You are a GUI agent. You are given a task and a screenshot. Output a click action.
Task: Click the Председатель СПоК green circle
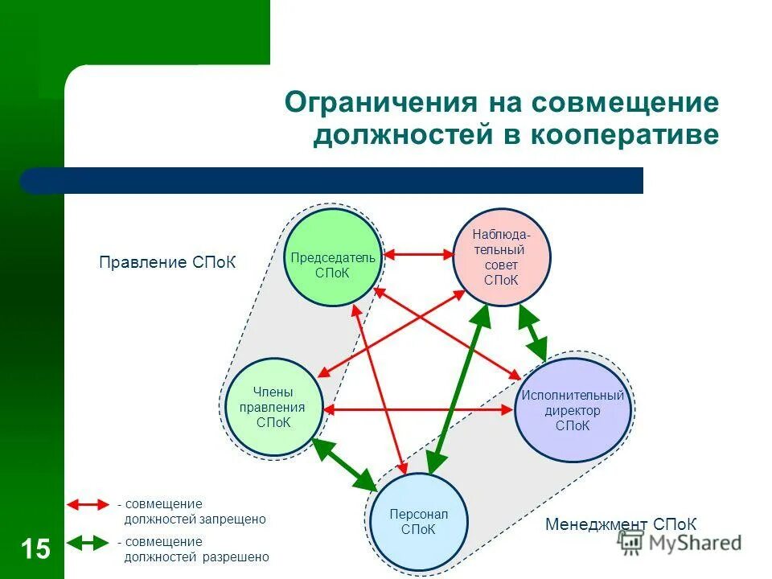coord(332,257)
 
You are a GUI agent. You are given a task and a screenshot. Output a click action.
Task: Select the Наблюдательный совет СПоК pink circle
coord(502,257)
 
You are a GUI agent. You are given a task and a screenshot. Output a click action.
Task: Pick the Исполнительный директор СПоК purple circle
coord(572,410)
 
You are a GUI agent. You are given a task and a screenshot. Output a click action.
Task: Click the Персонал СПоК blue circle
coord(417,521)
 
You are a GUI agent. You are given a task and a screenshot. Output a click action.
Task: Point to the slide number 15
coord(35,549)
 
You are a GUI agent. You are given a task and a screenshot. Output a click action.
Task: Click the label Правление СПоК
coord(167,263)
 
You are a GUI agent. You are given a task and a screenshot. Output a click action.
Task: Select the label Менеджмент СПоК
coord(621,524)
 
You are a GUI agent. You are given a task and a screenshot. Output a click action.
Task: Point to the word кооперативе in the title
coord(623,134)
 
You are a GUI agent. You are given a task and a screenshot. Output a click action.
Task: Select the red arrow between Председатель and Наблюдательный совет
coord(418,255)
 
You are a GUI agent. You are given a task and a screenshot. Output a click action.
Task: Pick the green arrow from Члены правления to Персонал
coord(344,464)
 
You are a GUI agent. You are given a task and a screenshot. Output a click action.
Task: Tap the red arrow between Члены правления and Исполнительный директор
coord(418,410)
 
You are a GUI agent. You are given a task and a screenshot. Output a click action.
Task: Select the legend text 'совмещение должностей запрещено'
coord(193,512)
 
